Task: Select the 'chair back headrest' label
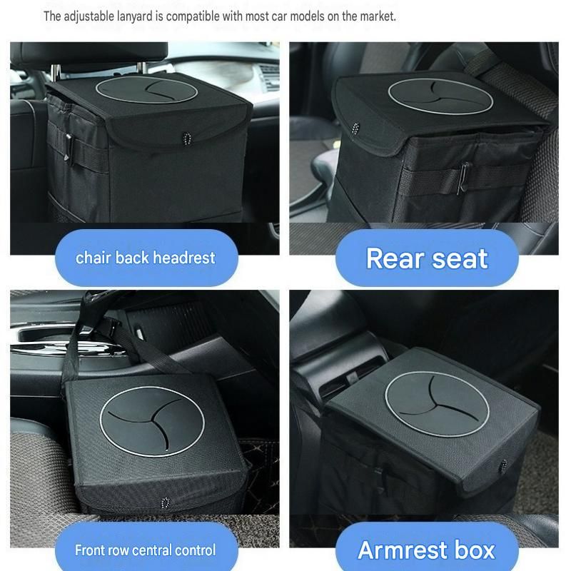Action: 146,258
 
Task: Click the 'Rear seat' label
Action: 427,258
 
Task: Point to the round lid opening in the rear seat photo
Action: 440,96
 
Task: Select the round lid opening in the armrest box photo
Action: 437,404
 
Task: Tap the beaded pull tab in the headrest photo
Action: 186,138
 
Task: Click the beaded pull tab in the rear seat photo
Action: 355,128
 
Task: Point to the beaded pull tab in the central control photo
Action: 166,503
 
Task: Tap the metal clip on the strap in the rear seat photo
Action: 463,177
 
